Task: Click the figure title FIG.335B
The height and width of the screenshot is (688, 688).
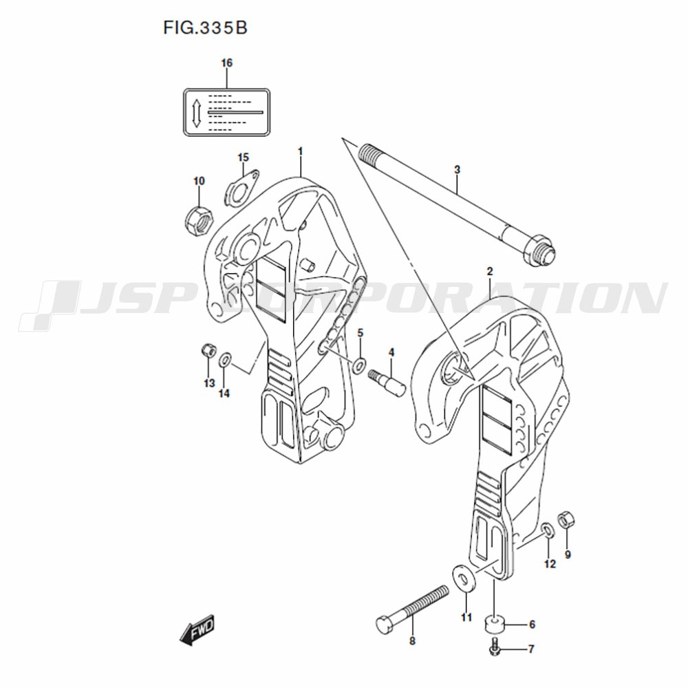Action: click(x=205, y=28)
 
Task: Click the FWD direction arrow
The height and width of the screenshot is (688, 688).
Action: click(x=197, y=630)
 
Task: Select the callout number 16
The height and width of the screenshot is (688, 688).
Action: click(x=226, y=63)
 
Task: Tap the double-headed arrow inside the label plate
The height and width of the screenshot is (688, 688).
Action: click(x=197, y=114)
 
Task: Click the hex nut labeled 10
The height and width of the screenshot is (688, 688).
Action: click(x=198, y=220)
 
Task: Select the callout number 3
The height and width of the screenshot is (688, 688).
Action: click(x=457, y=169)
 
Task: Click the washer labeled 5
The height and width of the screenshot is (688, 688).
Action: click(x=360, y=363)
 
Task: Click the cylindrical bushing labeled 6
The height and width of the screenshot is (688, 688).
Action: click(x=495, y=623)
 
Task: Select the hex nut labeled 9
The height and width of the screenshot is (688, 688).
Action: click(x=566, y=519)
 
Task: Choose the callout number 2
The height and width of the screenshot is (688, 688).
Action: click(x=490, y=271)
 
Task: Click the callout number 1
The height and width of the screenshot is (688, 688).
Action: click(x=300, y=151)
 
